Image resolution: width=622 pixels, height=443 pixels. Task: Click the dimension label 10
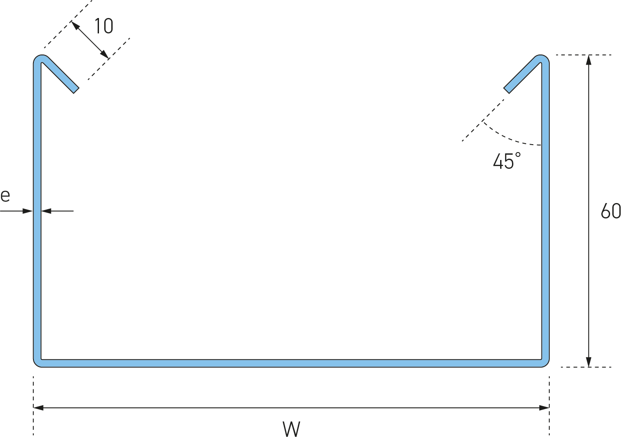tap(104, 26)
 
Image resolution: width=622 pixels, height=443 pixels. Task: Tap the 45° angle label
tap(507, 160)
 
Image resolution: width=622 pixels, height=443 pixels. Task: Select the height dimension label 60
tap(611, 211)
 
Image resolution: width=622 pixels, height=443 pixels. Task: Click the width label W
tap(291, 429)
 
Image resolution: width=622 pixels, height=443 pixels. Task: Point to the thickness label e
tap(5, 196)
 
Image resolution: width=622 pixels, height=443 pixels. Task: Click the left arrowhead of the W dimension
tap(38, 408)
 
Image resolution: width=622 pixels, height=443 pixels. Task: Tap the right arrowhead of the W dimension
tap(544, 408)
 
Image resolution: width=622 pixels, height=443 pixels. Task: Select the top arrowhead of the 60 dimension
tap(589, 60)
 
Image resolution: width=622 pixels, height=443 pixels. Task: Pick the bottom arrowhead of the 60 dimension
tap(589, 362)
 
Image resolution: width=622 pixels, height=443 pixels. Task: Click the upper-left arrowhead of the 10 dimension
tap(75, 25)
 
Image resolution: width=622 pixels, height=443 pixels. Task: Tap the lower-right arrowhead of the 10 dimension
tap(105, 54)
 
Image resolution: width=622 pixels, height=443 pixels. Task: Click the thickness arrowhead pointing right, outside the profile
tap(28, 211)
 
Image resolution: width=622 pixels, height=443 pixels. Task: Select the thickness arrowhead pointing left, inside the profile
tap(46, 211)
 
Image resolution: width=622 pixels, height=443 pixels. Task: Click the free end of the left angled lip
tap(77, 91)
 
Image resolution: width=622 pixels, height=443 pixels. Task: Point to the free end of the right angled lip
tap(506, 91)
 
